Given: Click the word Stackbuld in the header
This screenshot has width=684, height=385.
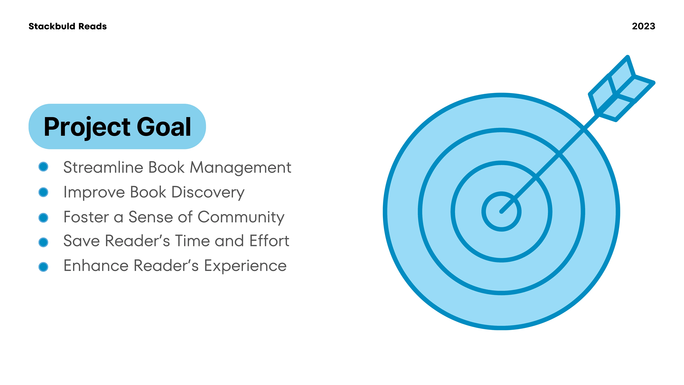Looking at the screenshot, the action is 52,26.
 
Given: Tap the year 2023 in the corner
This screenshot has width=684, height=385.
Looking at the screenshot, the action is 643,26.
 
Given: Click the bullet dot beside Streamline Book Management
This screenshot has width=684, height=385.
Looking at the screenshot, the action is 43,167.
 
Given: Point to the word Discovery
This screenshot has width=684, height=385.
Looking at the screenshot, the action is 208,192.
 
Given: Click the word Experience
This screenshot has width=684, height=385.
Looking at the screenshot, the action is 245,266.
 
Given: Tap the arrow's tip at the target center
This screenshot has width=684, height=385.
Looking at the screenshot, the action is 501,212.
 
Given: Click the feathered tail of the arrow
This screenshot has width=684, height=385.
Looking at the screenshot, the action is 621,89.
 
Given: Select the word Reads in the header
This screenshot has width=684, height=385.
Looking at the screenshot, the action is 92,26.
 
